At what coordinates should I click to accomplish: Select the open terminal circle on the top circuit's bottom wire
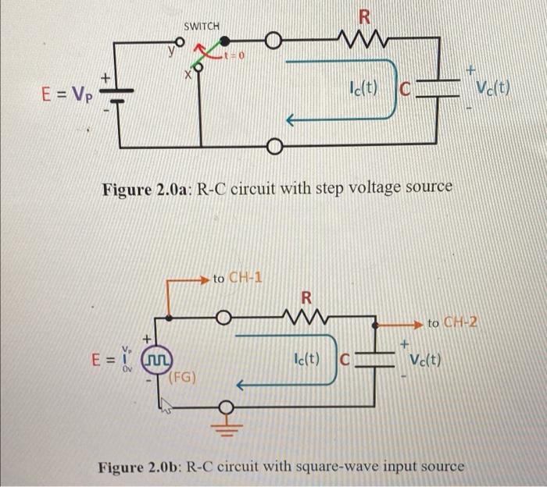274,146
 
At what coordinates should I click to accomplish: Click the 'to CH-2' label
456,322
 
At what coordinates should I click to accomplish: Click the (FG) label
184,379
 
